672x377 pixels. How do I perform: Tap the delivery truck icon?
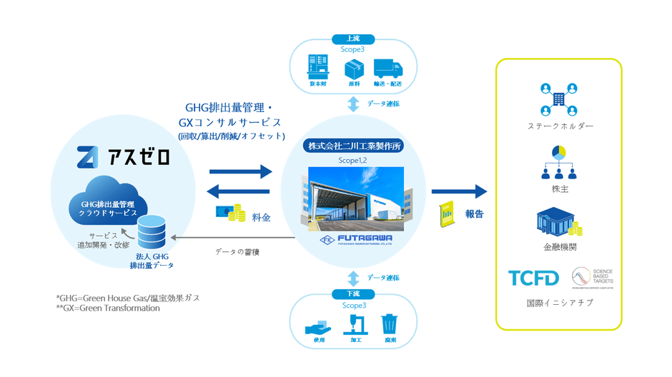click(x=388, y=68)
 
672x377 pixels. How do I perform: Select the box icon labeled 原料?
click(x=354, y=69)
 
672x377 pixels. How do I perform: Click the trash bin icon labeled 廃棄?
click(x=390, y=325)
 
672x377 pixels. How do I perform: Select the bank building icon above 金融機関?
click(x=558, y=223)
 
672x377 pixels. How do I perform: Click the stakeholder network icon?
click(x=558, y=100)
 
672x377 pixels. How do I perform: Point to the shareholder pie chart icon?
click(x=559, y=152)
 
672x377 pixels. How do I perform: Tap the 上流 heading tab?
click(x=353, y=39)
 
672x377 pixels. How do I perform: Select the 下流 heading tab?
click(x=353, y=294)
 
